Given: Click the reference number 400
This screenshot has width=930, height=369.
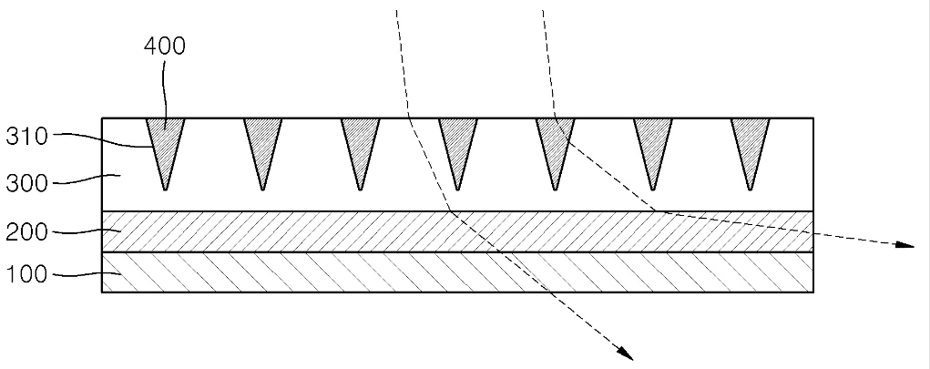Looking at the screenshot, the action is pos(164,46).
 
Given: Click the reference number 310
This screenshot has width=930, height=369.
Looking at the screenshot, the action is pos(26,137).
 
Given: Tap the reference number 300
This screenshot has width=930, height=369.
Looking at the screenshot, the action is pos(26,183).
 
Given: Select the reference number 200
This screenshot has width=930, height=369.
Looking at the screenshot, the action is pos(26,232).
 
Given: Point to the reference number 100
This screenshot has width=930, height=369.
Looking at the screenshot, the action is pos(26,274).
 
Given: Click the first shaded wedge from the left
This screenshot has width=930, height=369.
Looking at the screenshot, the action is pos(166,146).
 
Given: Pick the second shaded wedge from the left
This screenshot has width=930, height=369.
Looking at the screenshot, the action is pos(262,146).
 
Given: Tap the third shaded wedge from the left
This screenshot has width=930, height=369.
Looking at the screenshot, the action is pos(360,146).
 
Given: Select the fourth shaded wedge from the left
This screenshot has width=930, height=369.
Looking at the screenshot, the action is pos(458,146).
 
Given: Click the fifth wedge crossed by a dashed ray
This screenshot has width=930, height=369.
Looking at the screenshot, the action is pos(555,146).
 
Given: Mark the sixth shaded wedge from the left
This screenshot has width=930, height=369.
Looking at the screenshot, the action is pos(652,146).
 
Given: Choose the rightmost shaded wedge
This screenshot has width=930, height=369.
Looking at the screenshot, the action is pos(751,146).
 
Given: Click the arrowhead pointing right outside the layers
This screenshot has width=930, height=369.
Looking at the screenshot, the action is pos(904,244).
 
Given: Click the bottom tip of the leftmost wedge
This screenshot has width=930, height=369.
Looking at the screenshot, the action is pos(166,190).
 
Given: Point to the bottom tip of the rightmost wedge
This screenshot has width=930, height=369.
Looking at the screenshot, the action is pos(751,190).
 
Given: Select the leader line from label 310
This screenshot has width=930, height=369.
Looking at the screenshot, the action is pos(101,138).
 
